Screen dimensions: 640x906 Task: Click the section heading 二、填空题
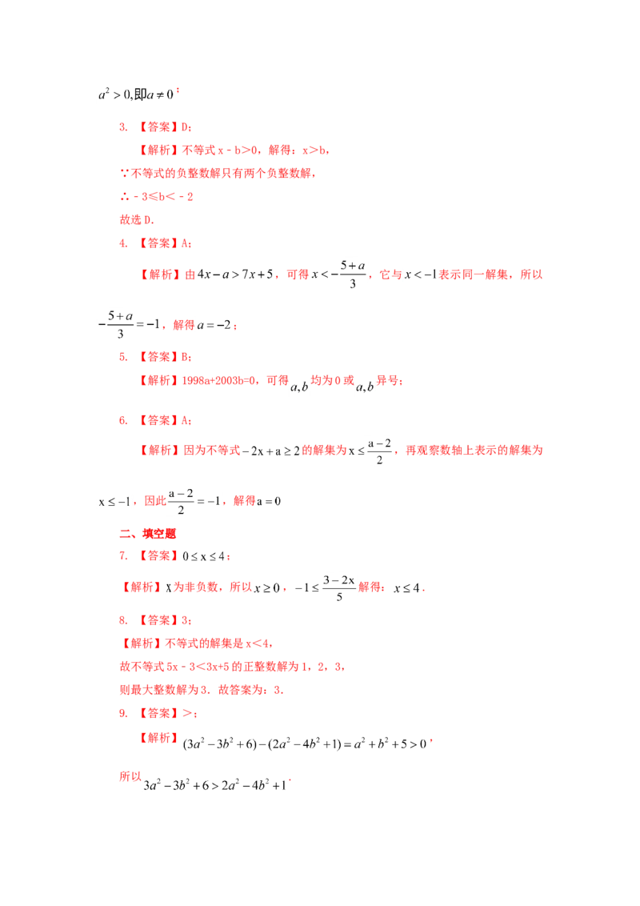click(147, 533)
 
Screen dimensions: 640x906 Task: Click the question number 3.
click(123, 127)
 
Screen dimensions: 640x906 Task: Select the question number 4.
click(123, 243)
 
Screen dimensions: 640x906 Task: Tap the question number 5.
click(123, 357)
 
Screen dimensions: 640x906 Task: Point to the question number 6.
click(123, 421)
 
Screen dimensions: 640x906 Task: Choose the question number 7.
click(123, 556)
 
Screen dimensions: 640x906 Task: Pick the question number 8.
click(123, 620)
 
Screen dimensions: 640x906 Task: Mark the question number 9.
click(123, 714)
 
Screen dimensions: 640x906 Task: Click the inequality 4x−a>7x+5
click(235, 275)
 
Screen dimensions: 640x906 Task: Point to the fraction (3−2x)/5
click(339, 587)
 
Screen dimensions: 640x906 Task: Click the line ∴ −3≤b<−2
click(157, 197)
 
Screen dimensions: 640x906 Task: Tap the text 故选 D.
click(137, 220)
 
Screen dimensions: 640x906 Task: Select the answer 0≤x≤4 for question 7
click(204, 556)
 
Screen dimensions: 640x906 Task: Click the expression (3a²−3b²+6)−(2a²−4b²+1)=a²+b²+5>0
click(305, 744)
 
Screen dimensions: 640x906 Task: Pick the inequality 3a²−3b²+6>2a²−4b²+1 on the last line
click(215, 785)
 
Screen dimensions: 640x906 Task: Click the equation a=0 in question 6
click(269, 502)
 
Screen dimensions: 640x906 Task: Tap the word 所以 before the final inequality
click(130, 776)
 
